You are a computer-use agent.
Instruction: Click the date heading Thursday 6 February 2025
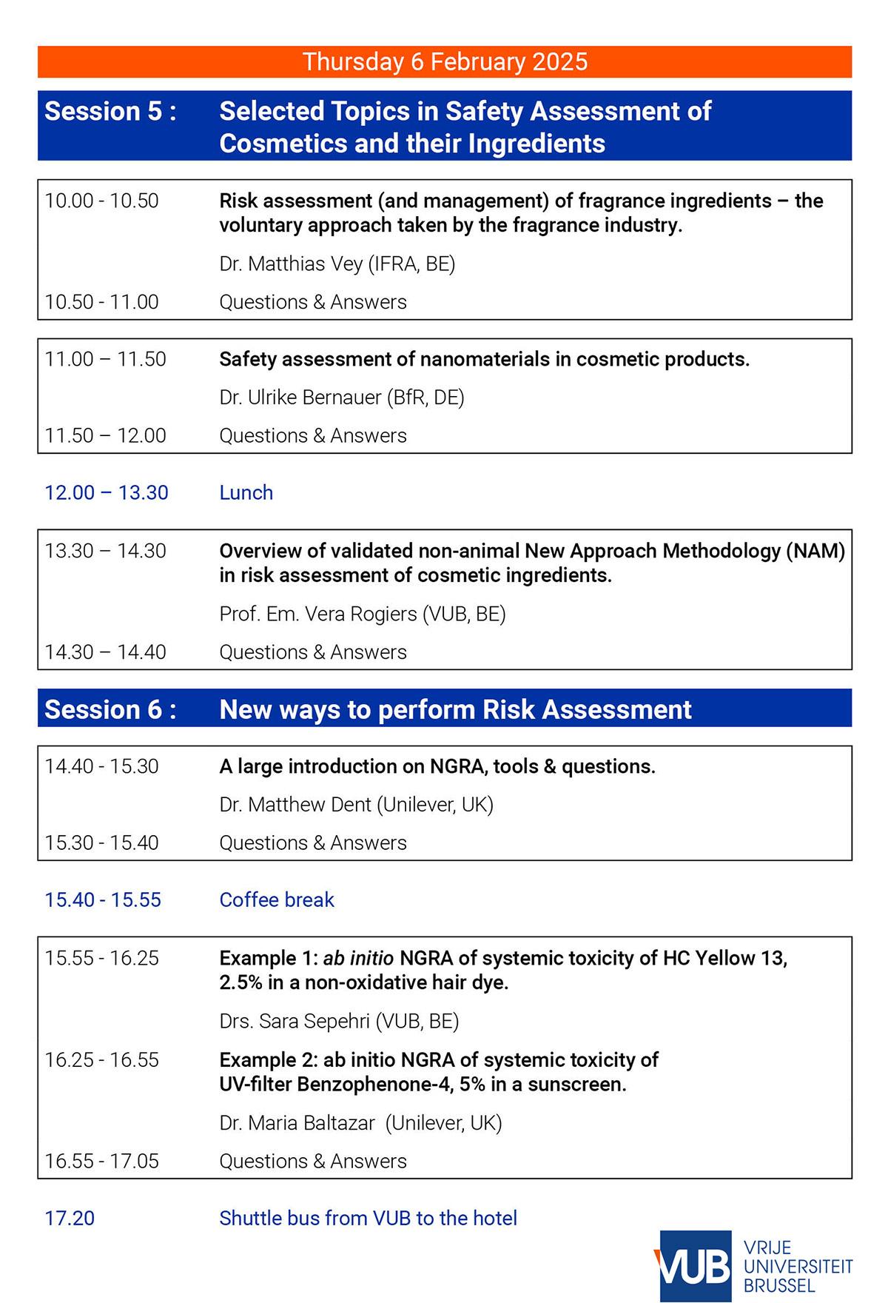(445, 61)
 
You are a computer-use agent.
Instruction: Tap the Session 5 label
(110, 111)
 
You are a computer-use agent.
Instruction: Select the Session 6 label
(110, 709)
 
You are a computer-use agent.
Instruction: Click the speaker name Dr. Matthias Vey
(291, 264)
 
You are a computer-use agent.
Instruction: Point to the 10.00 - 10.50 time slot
(101, 201)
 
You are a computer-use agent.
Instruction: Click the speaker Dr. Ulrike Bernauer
(300, 398)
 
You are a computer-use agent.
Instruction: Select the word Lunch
(246, 492)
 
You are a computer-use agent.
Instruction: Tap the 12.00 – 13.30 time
(107, 492)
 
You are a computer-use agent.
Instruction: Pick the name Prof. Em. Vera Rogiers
(318, 614)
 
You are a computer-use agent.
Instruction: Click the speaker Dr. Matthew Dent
(295, 805)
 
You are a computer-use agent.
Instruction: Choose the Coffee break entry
(277, 900)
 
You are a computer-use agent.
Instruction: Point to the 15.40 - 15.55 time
(103, 900)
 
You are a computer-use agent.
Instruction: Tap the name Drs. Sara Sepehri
(295, 1022)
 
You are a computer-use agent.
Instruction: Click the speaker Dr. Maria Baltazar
(297, 1123)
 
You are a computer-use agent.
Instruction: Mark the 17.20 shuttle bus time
(70, 1218)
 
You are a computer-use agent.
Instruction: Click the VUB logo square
(694, 1267)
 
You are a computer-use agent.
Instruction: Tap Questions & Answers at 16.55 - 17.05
(313, 1161)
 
